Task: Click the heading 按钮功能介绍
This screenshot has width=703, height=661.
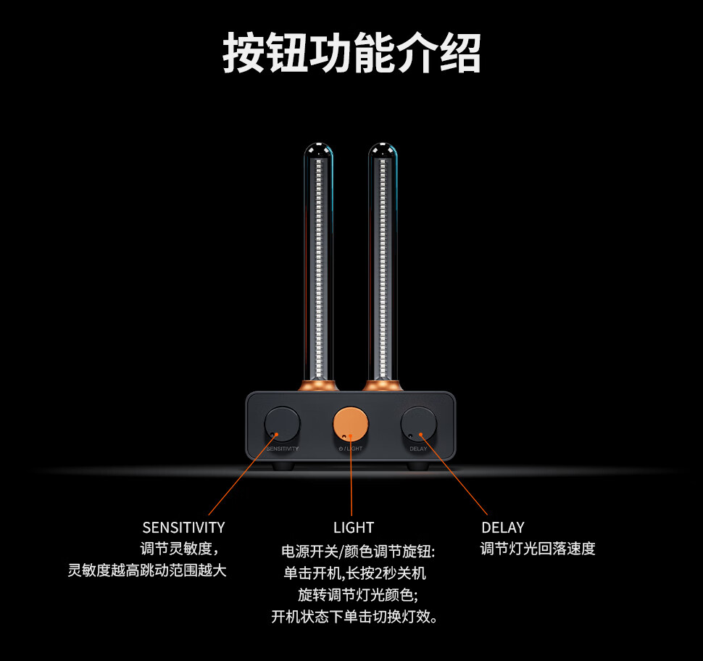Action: click(351, 52)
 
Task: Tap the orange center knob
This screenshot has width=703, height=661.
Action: click(351, 424)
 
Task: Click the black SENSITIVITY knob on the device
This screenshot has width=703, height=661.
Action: click(282, 424)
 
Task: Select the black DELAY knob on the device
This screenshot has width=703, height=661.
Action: click(419, 424)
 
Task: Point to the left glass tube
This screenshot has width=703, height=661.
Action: click(319, 261)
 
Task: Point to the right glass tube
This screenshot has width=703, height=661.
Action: click(382, 261)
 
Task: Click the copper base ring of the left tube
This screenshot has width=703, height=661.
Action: click(319, 385)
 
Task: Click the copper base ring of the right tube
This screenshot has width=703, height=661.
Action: click(382, 385)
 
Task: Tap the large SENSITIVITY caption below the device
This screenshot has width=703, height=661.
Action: click(183, 528)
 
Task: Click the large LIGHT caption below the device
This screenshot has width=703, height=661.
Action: click(354, 528)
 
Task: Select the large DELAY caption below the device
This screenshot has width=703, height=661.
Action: click(502, 528)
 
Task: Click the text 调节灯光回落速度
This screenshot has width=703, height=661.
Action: click(538, 549)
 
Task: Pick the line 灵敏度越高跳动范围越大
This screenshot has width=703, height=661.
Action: click(147, 570)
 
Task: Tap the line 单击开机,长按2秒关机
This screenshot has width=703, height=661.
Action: click(354, 573)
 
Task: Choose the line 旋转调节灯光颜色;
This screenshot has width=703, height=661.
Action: click(358, 595)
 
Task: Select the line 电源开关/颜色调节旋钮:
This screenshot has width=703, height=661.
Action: click(357, 551)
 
